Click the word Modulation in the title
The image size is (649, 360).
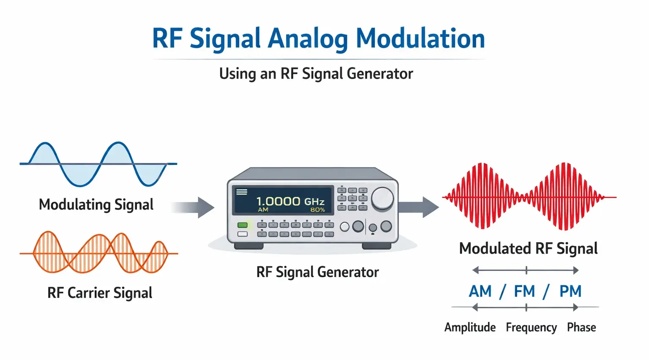[420, 38]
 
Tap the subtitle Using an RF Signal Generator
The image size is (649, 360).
[316, 74]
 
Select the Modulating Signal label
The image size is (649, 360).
[96, 205]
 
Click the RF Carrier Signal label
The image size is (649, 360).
[99, 293]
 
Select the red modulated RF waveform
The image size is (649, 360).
[528, 197]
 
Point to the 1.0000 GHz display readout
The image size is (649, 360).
[290, 201]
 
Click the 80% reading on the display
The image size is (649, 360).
[317, 210]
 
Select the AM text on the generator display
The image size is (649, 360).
[263, 210]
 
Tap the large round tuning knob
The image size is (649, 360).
[382, 198]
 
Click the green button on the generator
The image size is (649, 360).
[243, 225]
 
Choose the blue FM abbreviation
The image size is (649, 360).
[524, 291]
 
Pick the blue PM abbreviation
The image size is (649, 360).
[570, 291]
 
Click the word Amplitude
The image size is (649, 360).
[470, 327]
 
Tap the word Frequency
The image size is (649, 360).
[531, 327]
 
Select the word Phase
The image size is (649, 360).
[581, 327]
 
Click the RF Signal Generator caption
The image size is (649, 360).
[317, 272]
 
